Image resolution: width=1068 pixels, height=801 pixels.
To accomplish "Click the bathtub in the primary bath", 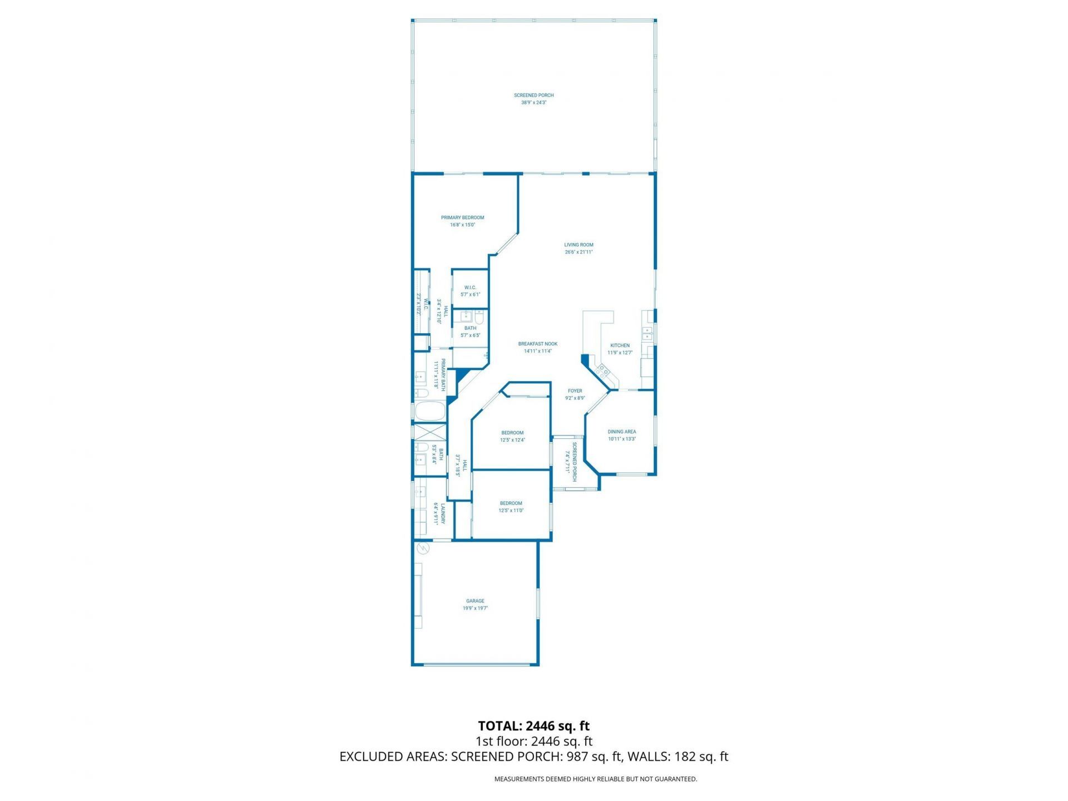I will [x=430, y=412].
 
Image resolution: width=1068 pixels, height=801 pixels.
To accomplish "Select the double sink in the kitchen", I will [x=647, y=334].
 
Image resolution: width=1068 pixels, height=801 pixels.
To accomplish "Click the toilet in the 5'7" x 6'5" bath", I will [x=479, y=318].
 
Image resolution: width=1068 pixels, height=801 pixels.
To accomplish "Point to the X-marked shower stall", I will [x=430, y=432].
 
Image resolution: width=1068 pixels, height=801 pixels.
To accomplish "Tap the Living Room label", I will [x=578, y=245].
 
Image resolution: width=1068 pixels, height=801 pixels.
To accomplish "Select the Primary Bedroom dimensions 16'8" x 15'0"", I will [x=462, y=225].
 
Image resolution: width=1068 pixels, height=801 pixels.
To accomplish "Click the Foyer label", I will [x=575, y=391].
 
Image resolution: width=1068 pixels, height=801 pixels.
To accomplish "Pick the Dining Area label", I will [x=621, y=432].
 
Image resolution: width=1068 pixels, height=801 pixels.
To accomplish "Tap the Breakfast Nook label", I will [x=537, y=344].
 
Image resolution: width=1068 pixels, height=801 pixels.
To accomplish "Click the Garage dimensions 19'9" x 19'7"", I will [x=475, y=609].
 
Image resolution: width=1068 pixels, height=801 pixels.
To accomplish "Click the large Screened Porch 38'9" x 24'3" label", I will [x=533, y=96].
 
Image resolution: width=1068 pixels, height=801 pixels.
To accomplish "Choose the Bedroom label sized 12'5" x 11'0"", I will [x=511, y=503].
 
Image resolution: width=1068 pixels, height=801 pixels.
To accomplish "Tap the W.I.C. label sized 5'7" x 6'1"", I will [x=470, y=288].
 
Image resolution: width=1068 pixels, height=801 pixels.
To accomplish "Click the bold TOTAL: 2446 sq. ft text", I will [x=533, y=726].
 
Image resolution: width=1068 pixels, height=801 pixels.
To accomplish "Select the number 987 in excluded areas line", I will [x=577, y=756].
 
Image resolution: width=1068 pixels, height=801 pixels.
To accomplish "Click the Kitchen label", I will [x=620, y=345].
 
